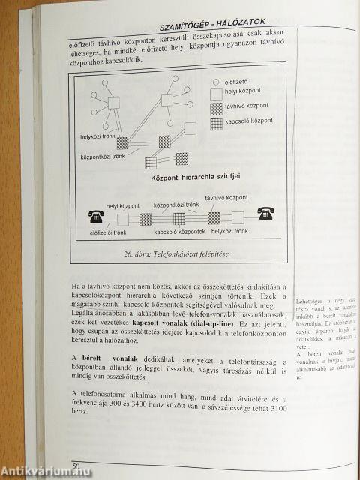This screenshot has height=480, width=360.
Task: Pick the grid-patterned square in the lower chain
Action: tap(179, 218)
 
